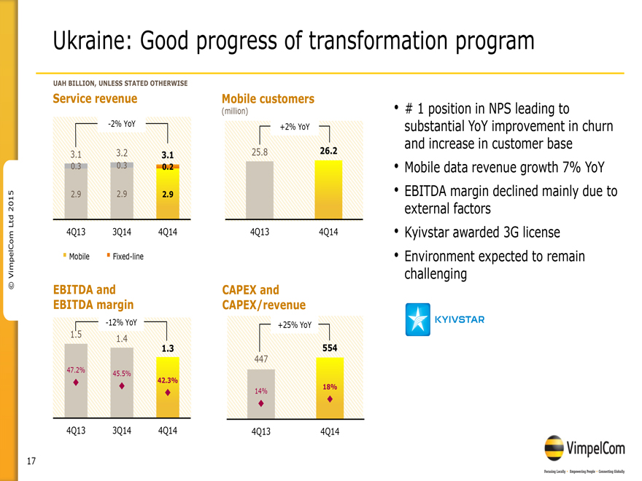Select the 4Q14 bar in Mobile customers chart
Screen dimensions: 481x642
(328, 188)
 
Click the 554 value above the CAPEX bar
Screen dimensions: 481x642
(329, 348)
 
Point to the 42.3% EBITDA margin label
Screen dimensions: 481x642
(168, 380)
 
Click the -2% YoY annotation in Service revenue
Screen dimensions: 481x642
(121, 124)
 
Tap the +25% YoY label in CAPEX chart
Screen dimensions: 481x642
(295, 325)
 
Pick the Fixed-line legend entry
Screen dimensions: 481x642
(126, 257)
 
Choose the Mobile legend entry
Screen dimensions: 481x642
(77, 257)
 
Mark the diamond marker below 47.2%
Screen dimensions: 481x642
(75, 382)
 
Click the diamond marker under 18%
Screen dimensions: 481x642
(330, 399)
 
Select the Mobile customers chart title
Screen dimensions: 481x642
(268, 99)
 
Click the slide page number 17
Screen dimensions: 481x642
(31, 461)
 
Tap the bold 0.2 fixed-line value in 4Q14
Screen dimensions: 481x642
(168, 167)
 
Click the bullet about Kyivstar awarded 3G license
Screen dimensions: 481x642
(481, 233)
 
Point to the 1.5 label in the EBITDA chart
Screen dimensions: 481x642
(75, 335)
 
